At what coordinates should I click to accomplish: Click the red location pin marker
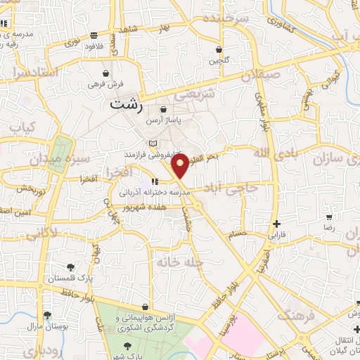click(x=181, y=165)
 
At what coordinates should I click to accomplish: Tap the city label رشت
click(x=127, y=106)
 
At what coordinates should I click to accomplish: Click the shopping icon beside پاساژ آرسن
click(x=164, y=110)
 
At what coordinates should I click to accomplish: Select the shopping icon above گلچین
click(x=219, y=50)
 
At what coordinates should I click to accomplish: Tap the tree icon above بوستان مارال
click(x=47, y=316)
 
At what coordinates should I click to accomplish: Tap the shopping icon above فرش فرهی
click(x=105, y=73)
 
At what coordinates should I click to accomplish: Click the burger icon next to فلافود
click(x=94, y=35)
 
